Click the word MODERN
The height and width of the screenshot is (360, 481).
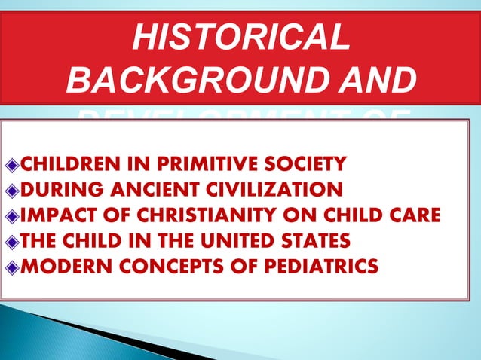tap(60, 265)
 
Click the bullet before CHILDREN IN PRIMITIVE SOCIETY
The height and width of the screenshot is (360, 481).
tap(11, 163)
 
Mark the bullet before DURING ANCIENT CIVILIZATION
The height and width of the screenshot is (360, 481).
tap(11, 188)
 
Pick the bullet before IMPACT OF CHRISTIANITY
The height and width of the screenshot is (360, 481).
tap(11, 215)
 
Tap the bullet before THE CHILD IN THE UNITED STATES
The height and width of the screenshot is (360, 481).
tap(11, 240)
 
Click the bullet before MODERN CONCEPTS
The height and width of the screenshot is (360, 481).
tap(11, 266)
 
